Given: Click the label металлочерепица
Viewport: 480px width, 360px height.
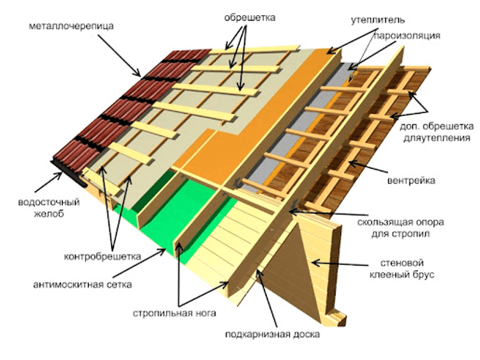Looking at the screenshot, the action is point(71,27).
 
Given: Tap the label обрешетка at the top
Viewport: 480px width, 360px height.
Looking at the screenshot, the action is point(250,17).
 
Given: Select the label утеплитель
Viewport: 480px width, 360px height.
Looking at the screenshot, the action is point(378,20).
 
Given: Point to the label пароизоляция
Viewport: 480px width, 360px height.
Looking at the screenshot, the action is point(407,36).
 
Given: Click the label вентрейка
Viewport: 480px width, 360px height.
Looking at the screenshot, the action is point(411,181).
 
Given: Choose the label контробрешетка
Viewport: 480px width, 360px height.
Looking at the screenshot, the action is point(103,256).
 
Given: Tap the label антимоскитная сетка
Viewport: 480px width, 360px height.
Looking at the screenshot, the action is point(83,285).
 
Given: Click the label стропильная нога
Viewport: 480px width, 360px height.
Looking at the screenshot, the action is point(174,313).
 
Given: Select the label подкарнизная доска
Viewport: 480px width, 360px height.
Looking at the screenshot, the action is point(272,335).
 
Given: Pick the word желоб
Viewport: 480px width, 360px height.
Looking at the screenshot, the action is point(49,213).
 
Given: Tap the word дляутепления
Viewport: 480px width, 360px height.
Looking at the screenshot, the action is point(437,138).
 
